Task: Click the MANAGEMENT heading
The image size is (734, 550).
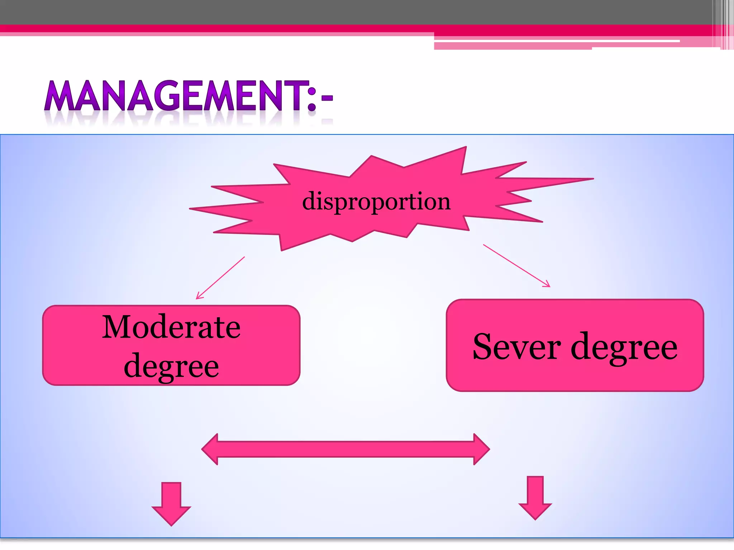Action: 189,96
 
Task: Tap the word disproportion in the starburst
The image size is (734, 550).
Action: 376,201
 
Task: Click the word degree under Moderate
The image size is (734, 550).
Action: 171,366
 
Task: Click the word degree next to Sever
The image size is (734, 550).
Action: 624,347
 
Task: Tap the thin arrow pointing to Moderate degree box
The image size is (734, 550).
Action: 220,278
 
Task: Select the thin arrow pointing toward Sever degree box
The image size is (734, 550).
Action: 516,265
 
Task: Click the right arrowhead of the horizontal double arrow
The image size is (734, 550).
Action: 481,449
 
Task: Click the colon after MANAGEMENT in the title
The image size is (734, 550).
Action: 312,100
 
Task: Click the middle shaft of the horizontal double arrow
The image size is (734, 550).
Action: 346,449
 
